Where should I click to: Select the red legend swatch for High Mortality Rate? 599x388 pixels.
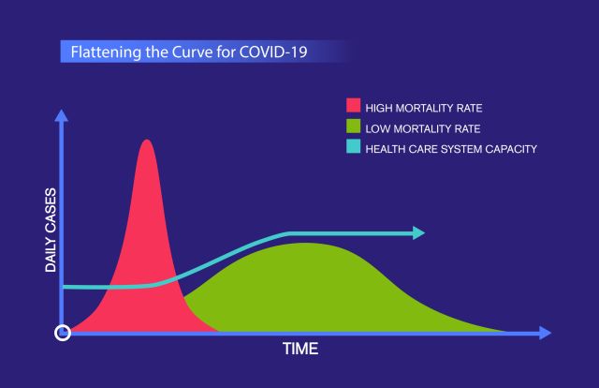[x=354, y=106]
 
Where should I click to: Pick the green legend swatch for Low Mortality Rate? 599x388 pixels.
[x=354, y=127]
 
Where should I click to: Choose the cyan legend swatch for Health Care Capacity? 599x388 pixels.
[x=354, y=147]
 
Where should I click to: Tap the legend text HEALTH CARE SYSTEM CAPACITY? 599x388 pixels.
[x=450, y=148]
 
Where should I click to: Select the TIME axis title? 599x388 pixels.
[x=300, y=350]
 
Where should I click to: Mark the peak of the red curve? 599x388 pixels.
[x=145, y=142]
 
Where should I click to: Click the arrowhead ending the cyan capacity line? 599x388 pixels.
[x=418, y=233]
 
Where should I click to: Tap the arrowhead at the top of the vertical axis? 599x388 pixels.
[x=63, y=115]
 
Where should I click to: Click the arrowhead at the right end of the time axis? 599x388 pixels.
[x=545, y=333]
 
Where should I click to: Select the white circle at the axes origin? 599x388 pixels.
[x=63, y=333]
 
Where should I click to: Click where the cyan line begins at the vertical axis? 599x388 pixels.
[x=65, y=287]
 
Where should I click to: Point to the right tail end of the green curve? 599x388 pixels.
[x=505, y=331]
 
